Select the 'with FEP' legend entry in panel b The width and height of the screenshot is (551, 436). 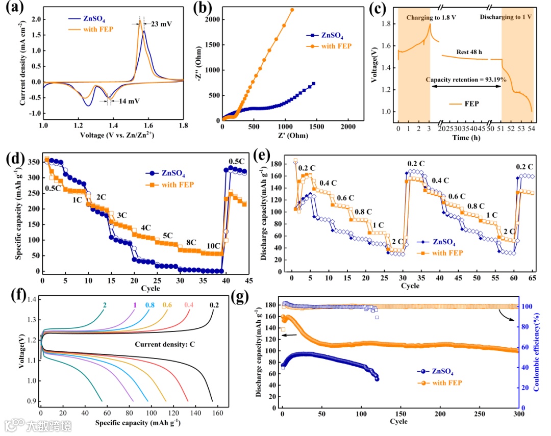(336, 47)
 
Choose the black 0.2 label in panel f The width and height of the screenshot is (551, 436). (214, 305)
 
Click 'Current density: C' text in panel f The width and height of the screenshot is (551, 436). (164, 344)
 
